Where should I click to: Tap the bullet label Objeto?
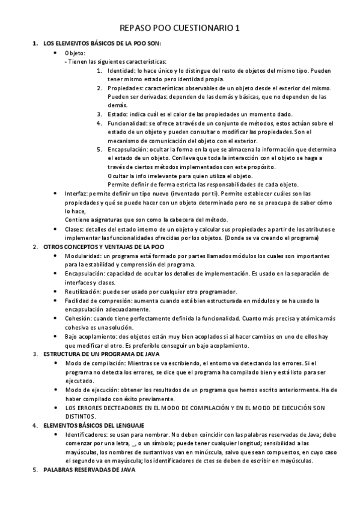[75, 53]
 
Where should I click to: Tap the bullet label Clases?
[75, 229]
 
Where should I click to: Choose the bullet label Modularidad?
[84, 256]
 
